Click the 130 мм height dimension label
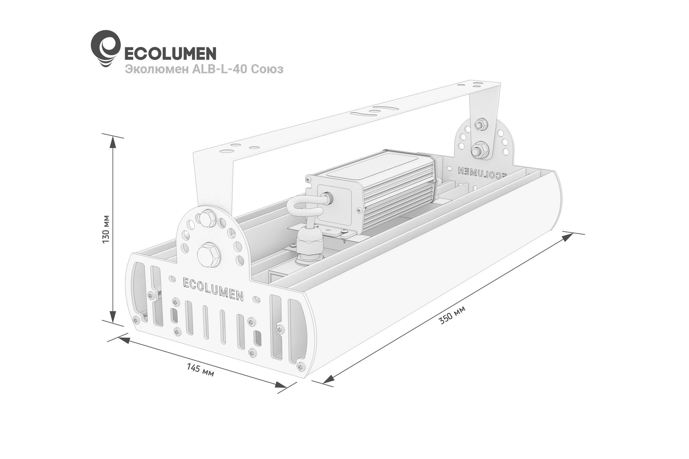pos(106,229)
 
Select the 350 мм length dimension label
pos(452,315)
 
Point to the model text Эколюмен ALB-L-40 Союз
pos(204,69)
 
